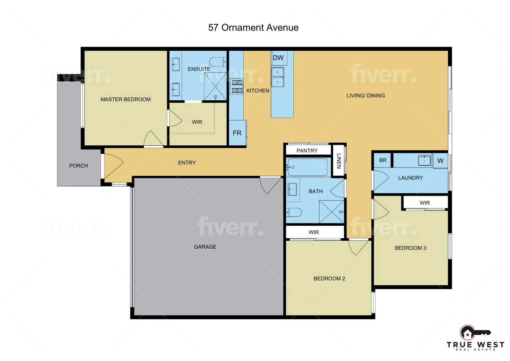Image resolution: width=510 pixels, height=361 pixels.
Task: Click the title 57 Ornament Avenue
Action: point(253,27)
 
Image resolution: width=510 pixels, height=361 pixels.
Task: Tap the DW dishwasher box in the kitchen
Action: point(278,57)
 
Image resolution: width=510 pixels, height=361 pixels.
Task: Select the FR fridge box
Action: point(237,133)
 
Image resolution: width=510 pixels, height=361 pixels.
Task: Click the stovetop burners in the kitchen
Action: point(237,86)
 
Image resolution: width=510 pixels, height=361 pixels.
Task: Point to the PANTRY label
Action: point(307,151)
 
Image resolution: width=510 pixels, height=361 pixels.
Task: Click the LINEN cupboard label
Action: point(338,161)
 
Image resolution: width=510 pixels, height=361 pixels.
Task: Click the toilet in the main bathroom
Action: point(294,212)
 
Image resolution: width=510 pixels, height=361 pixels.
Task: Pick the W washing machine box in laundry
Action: point(440,161)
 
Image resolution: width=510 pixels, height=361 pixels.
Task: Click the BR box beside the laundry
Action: point(382,160)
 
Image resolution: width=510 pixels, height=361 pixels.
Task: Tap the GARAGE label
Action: point(205,247)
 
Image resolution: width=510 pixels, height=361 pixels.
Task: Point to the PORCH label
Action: point(78,166)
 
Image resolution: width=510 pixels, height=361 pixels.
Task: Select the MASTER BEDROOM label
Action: point(125,99)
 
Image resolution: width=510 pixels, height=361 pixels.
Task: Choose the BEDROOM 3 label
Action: point(410,248)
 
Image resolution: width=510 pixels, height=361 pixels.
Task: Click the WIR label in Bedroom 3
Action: point(425,203)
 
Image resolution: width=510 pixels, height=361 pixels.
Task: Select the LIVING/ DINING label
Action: point(365,96)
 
